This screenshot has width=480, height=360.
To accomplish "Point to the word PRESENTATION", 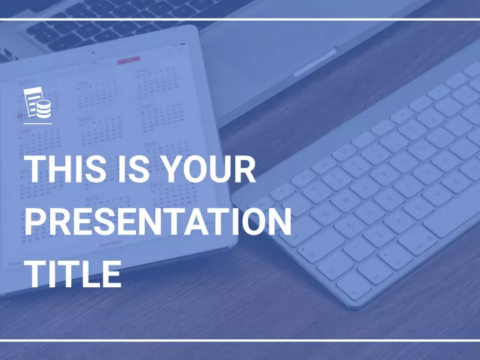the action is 158,221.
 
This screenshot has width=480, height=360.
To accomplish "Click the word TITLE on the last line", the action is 73,274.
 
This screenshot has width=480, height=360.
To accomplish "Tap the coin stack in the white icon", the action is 44,109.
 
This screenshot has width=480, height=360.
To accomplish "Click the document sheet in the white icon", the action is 32,101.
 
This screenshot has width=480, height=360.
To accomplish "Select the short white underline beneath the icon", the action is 37,124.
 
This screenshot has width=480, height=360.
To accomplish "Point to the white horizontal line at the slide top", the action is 240,19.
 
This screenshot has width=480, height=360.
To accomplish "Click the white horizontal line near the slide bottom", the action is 240,340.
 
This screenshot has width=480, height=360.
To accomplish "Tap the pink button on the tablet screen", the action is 129,60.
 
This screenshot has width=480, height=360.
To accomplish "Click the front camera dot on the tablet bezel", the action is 93,53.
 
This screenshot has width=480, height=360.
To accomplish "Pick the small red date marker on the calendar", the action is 20,116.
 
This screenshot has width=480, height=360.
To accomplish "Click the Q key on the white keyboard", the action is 325,213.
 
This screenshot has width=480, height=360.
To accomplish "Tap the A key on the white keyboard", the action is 349,226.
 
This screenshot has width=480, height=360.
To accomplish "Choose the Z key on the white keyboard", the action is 377,236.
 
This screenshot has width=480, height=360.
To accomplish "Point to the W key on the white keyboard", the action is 346,201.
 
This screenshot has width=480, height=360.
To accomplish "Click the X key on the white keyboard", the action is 399,221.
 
